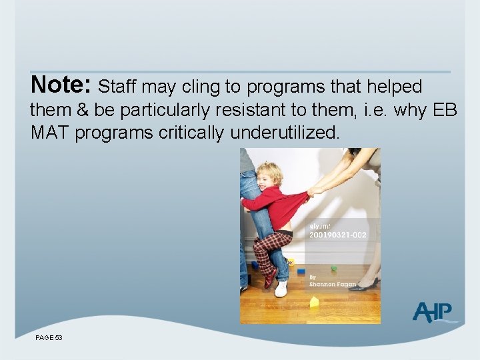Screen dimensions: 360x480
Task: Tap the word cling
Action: point(203,87)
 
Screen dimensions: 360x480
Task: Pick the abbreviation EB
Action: point(445,109)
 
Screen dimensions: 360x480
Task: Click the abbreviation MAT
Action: point(50,132)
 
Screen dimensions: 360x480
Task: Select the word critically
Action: point(192,132)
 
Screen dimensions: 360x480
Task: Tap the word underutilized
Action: point(285,132)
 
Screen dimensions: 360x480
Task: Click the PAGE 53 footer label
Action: point(49,338)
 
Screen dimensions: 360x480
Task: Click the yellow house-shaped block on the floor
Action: point(314,301)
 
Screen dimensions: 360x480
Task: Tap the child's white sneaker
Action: point(281,288)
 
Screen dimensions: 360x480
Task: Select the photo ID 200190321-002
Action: point(337,235)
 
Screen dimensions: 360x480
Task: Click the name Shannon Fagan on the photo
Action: point(333,284)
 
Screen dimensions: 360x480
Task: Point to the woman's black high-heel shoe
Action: point(364,286)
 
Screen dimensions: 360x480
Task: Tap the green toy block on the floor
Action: point(334,269)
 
